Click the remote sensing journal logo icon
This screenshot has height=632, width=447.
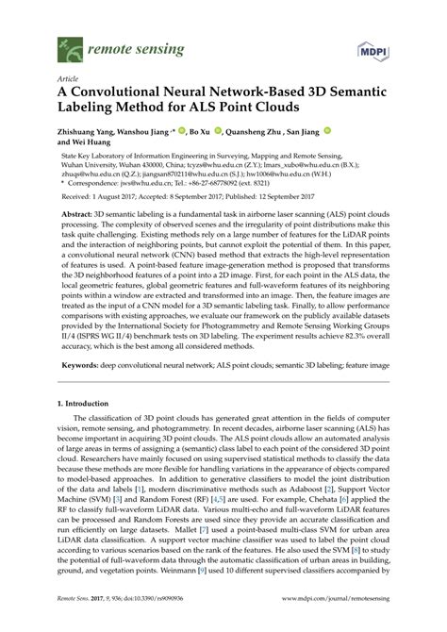click(67, 43)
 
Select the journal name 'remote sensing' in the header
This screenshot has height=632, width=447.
click(122, 43)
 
